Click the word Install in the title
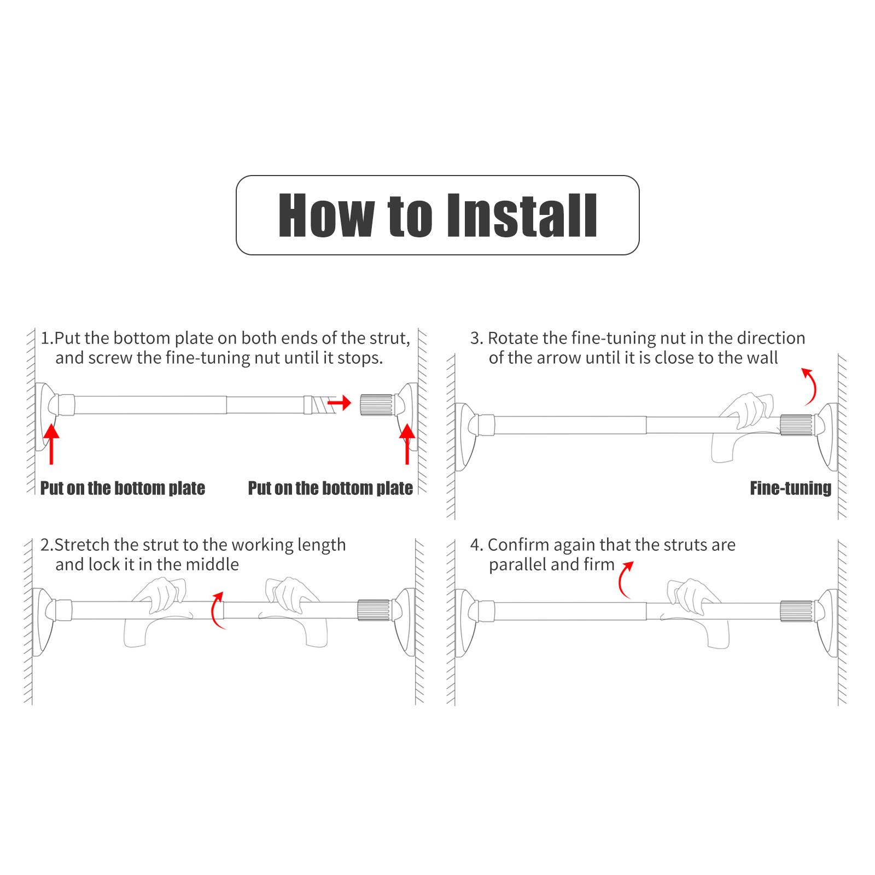click(x=522, y=215)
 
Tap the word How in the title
click(x=326, y=215)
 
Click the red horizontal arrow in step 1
click(x=339, y=404)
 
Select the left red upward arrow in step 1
click(x=51, y=444)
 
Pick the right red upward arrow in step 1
click(x=407, y=444)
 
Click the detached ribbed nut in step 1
click(x=376, y=404)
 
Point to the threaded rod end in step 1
click(x=319, y=405)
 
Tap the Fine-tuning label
click(x=790, y=488)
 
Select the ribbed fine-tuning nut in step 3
click(x=797, y=425)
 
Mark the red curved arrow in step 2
click(x=218, y=610)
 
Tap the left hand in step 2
click(x=156, y=612)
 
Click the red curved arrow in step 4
click(x=626, y=580)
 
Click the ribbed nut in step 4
click(x=797, y=611)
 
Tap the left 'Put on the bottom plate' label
click(x=122, y=488)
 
